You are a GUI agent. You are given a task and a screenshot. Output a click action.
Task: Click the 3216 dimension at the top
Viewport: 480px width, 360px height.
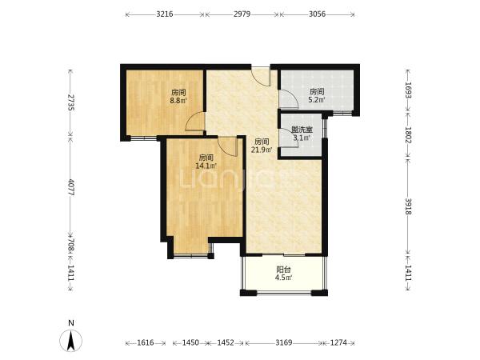pyautogui.click(x=165, y=14)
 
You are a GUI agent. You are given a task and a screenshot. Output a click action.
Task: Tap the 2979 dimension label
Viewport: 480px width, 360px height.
pyautogui.click(x=242, y=14)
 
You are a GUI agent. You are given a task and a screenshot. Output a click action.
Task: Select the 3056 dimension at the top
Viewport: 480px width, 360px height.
pyautogui.click(x=317, y=14)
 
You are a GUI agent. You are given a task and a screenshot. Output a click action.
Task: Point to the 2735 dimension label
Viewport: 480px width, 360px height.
pyautogui.click(x=70, y=102)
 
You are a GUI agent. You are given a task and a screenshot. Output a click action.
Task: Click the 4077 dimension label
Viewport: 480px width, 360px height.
pyautogui.click(x=70, y=187)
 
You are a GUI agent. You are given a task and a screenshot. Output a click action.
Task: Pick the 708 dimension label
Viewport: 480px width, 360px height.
pyautogui.click(x=70, y=245)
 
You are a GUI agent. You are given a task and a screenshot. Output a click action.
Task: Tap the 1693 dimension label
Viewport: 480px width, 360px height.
pyautogui.click(x=408, y=90)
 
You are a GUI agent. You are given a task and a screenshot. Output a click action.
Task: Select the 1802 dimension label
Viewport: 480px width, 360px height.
pyautogui.click(x=408, y=135)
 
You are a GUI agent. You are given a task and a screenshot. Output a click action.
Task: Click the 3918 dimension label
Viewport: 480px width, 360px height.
pyautogui.click(x=408, y=206)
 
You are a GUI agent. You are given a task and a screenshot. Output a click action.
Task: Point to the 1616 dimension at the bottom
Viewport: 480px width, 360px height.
pyautogui.click(x=146, y=342)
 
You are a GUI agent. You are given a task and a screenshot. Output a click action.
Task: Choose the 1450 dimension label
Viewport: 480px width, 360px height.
pyautogui.click(x=190, y=342)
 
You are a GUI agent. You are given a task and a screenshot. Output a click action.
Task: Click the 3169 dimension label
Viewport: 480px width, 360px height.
pyautogui.click(x=284, y=342)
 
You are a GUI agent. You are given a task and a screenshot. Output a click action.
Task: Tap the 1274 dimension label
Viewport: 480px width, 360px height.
pyautogui.click(x=338, y=342)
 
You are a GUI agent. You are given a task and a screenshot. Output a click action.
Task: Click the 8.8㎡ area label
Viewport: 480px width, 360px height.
pyautogui.click(x=178, y=100)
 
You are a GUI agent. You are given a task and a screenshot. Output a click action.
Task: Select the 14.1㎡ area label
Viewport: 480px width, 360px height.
pyautogui.click(x=206, y=166)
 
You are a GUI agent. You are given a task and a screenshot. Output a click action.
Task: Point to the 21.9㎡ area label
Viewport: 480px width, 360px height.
pyautogui.click(x=262, y=150)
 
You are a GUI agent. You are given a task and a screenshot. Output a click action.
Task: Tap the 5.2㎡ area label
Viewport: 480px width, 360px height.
pyautogui.click(x=317, y=99)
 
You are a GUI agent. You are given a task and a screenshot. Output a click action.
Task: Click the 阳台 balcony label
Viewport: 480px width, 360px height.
pyautogui.click(x=283, y=270)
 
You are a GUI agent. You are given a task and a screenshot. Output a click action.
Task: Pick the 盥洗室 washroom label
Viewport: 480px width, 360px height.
pyautogui.click(x=302, y=130)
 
